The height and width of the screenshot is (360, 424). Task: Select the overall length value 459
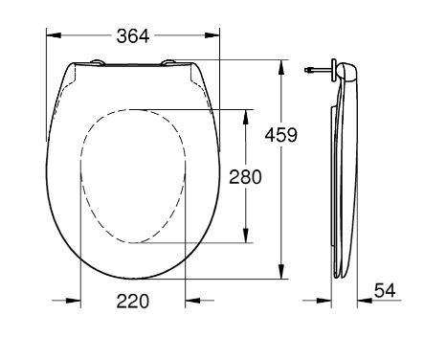click(280, 135)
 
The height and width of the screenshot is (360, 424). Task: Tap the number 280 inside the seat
click(244, 177)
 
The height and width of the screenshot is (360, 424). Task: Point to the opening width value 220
click(132, 301)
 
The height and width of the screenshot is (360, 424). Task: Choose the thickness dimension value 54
click(384, 288)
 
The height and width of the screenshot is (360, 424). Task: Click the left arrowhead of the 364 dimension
click(52, 35)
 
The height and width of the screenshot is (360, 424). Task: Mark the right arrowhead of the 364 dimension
click(215, 35)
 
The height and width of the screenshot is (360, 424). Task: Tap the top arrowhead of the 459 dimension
click(282, 66)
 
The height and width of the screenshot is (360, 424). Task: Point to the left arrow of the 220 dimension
click(75, 301)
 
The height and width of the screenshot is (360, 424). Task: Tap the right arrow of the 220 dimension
click(191, 301)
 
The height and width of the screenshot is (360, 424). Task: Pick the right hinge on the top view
click(170, 63)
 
